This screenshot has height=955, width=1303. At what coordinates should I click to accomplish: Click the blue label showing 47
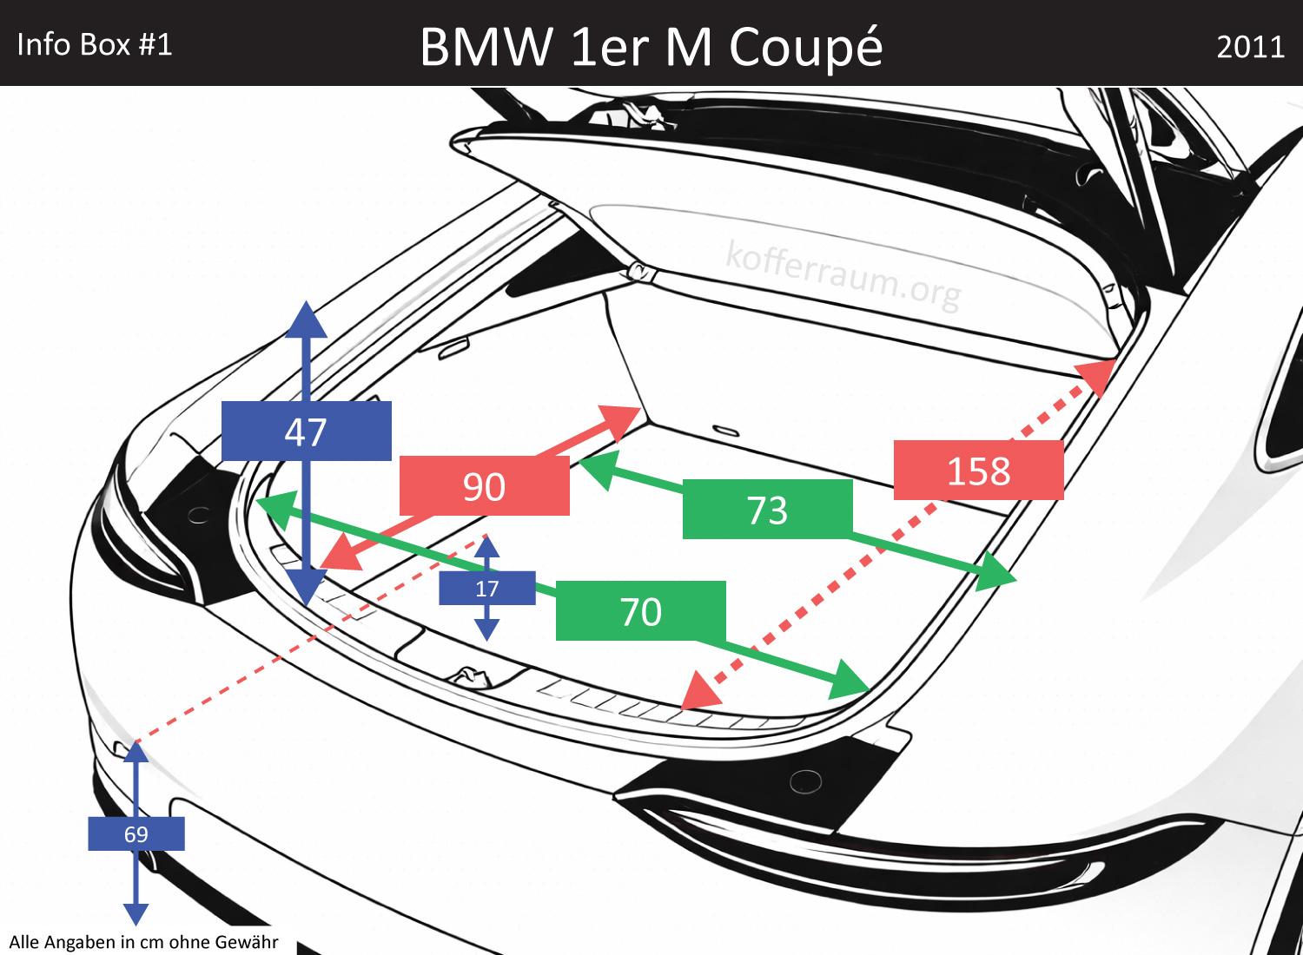click(x=306, y=431)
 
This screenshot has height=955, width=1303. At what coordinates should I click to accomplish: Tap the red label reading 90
click(x=484, y=486)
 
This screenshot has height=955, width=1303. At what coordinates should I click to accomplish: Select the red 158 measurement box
click(x=978, y=471)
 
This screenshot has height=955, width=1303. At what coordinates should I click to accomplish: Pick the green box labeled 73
click(x=767, y=510)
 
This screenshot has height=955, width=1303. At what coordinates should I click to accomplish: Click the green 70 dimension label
click(x=640, y=611)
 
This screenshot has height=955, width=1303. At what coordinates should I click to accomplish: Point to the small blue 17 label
click(x=486, y=589)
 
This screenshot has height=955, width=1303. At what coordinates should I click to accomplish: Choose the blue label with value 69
click(x=136, y=833)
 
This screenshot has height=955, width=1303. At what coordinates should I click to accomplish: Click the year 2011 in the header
click(x=1250, y=46)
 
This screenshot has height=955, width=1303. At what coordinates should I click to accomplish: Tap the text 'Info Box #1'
click(x=95, y=44)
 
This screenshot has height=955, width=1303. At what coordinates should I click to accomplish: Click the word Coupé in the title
click(x=805, y=47)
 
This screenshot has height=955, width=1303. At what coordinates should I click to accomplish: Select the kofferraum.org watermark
click(x=843, y=274)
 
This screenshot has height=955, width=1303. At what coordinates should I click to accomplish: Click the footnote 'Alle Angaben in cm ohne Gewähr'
click(x=143, y=942)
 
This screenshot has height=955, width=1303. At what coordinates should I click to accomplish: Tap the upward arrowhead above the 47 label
click(x=306, y=319)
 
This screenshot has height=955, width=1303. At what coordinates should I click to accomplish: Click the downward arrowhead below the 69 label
click(x=136, y=913)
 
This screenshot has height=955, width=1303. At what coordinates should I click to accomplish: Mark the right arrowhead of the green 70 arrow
click(x=850, y=682)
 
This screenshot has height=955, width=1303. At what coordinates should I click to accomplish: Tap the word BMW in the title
click(x=486, y=47)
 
